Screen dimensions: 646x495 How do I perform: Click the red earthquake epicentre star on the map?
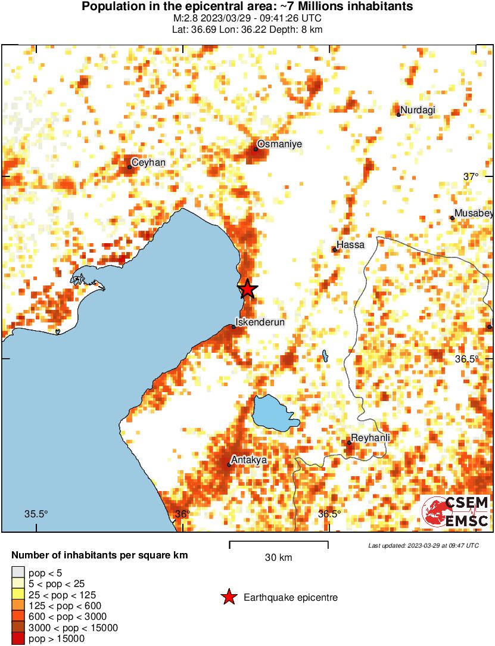tap(248, 289)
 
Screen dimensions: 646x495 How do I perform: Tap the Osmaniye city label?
tap(280, 144)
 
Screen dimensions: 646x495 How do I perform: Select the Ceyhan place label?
tap(148, 163)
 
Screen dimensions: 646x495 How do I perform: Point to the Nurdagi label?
tap(418, 110)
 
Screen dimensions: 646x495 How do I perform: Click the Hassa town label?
tap(350, 245)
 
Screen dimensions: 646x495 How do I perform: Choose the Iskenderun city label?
tap(260, 322)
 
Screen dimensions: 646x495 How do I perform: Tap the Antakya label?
tap(250, 460)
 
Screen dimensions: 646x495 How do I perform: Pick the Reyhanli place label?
tap(371, 438)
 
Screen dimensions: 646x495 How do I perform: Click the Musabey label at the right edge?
tap(474, 213)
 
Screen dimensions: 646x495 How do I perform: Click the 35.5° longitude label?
tap(36, 514)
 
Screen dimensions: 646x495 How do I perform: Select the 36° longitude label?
tap(183, 514)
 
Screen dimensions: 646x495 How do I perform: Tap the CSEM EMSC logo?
tap(456, 512)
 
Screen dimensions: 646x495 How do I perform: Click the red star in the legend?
tap(228, 597)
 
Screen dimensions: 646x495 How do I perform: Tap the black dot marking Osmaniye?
tap(256, 149)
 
